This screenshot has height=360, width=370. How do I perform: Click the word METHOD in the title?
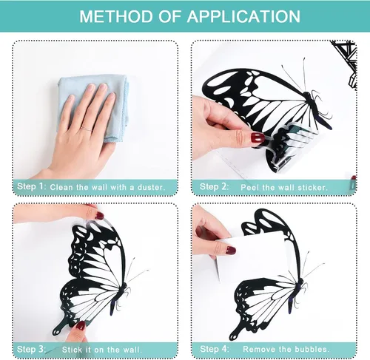(x=117, y=16)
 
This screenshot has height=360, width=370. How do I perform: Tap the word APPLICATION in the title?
(x=243, y=16)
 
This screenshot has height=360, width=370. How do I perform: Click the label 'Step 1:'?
(x=32, y=186)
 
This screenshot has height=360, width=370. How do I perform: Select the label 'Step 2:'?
(x=214, y=186)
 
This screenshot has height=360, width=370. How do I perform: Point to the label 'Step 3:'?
(x=31, y=349)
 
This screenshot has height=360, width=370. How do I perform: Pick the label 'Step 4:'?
(x=215, y=349)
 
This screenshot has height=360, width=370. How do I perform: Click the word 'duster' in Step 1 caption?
(x=150, y=187)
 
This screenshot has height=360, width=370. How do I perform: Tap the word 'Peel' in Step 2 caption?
(x=249, y=188)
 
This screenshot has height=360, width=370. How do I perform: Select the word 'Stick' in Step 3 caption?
(x=72, y=350)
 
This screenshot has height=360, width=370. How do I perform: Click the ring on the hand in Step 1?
(x=87, y=129)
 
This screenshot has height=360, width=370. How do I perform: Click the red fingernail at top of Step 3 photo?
(x=99, y=216)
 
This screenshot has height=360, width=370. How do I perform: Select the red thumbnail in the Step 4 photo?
(x=231, y=251)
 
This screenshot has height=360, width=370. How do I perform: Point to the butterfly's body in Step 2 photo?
(x=316, y=109)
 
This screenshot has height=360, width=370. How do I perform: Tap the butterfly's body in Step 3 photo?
(x=120, y=297)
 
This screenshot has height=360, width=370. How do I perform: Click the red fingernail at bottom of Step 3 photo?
(x=80, y=326)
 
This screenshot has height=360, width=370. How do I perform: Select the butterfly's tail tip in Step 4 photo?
(x=233, y=336)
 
